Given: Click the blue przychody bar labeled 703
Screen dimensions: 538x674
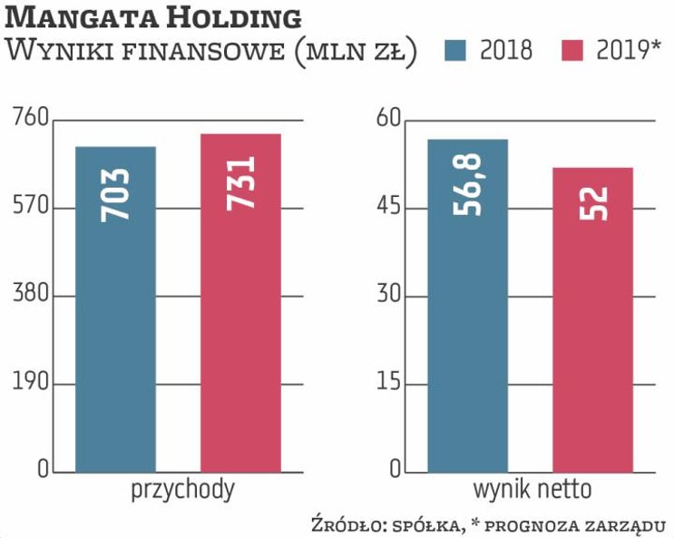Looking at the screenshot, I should pos(115,308).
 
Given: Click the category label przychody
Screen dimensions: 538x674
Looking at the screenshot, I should pos(182,491).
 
